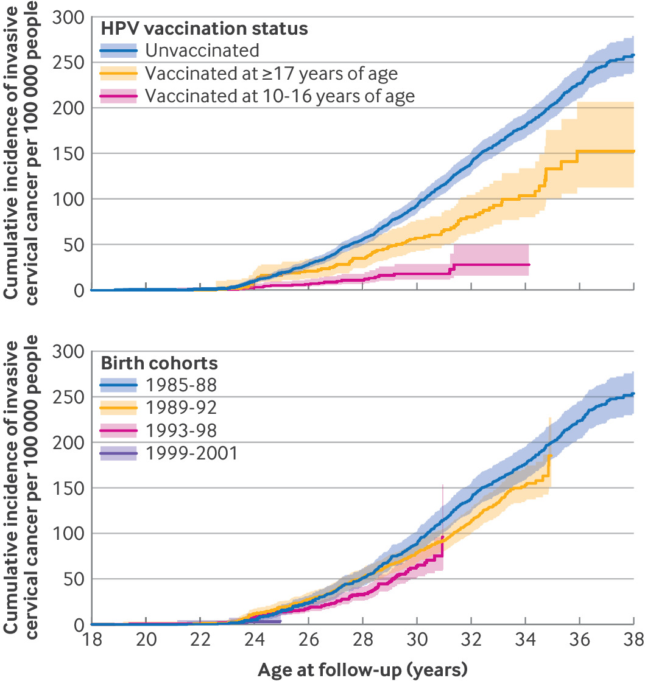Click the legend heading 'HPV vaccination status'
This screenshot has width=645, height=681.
[204, 29]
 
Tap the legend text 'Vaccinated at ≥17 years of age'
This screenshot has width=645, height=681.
[271, 74]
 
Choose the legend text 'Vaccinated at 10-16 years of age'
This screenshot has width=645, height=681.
[280, 96]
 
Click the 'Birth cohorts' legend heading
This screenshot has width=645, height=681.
[158, 363]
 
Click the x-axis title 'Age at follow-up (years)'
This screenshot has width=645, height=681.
[362, 670]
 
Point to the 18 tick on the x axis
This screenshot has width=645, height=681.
[91, 641]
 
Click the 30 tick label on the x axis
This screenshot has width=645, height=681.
[417, 641]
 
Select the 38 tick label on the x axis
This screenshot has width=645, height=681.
[633, 641]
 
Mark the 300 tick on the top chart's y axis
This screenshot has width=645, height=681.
[70, 17]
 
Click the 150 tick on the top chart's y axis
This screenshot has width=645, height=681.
[70, 153]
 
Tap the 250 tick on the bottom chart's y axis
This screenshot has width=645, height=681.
[70, 397]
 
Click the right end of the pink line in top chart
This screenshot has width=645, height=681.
[529, 265]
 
